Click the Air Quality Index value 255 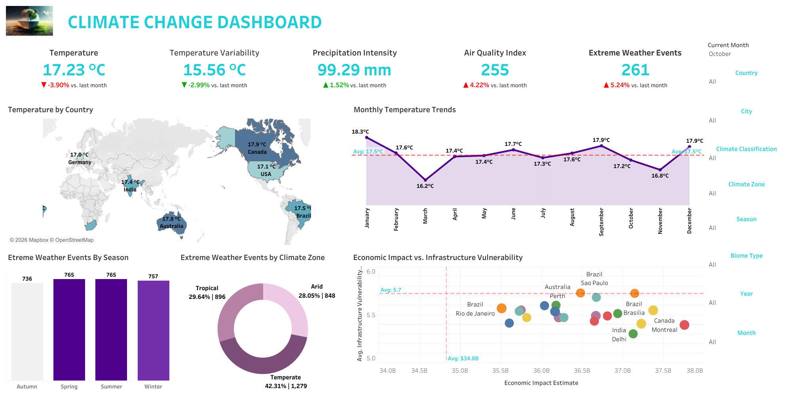pos(495,70)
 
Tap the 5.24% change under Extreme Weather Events pos(620,85)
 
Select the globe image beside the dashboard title pos(29,21)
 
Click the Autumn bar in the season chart pos(27,331)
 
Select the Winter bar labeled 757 pos(153,330)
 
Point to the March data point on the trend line pos(425,180)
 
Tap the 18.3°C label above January pos(360,132)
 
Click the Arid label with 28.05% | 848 pos(317,291)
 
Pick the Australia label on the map pos(171,226)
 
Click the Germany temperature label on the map pos(79,155)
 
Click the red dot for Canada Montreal pos(684,325)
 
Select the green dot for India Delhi pos(633,334)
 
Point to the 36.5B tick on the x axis pos(582,371)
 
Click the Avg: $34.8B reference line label pos(463,358)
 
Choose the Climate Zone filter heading pos(746,184)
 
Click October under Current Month pos(720,54)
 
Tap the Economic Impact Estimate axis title pos(541,383)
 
